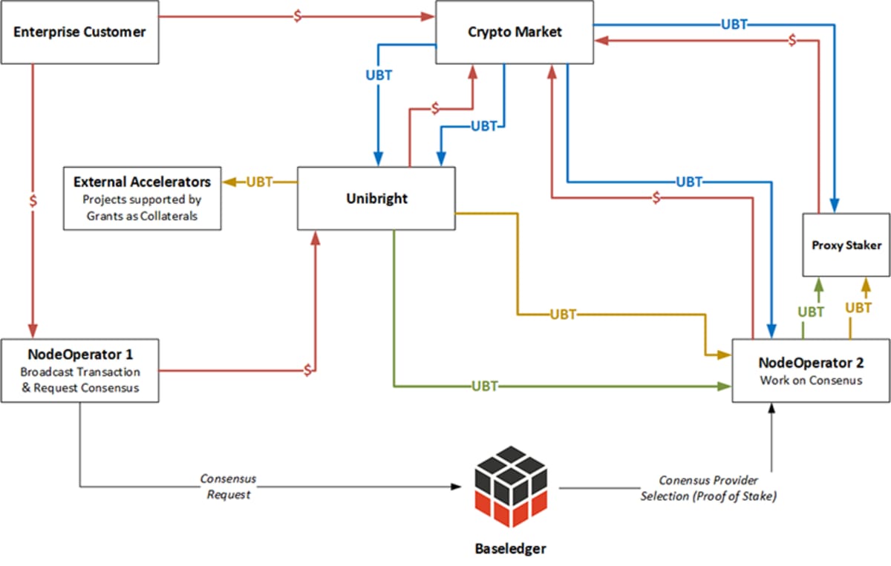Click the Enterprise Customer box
coord(79,32)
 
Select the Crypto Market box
coord(514,32)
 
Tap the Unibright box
coord(376,199)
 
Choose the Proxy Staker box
coord(846,245)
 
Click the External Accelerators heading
coord(142,182)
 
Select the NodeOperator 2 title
coord(810,363)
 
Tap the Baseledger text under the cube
coord(510,549)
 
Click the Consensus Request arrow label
coord(228,487)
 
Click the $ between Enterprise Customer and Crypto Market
coord(297,16)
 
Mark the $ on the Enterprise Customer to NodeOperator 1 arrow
coord(32,202)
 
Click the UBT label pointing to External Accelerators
coord(259,182)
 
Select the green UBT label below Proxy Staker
coord(810,312)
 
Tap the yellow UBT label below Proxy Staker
coord(858,308)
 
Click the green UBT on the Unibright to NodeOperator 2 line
coord(484,386)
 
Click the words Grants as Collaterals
coord(142,217)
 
